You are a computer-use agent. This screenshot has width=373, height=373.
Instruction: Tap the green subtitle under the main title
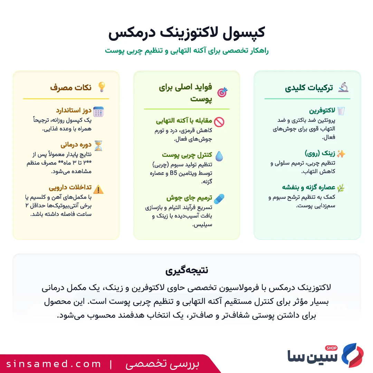coord(186,51)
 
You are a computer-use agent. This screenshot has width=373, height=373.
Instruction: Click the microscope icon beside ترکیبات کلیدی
coord(343,87)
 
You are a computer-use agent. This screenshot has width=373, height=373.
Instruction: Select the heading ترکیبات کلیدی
coord(309,88)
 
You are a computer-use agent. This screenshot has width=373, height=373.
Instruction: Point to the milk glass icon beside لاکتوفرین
coord(341,111)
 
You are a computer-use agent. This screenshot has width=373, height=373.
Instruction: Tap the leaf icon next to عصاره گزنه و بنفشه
coord(341,188)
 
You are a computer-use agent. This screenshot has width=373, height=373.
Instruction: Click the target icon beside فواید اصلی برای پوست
coord(222,92)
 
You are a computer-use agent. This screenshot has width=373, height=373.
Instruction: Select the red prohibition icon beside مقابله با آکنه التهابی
coord(219,122)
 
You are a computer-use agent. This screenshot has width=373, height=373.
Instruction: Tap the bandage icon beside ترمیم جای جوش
coord(219,199)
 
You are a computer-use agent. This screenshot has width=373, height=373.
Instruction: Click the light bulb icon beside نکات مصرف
coord(101,87)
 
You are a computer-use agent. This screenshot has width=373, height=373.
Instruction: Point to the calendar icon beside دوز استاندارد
coord(98,111)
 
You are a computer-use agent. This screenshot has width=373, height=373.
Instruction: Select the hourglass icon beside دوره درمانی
coord(98,146)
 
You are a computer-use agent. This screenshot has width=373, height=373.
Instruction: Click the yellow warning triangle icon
coord(98,189)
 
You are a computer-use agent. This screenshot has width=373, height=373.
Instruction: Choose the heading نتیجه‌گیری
coord(186,270)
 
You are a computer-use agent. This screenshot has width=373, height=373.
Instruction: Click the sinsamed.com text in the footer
coord(54,364)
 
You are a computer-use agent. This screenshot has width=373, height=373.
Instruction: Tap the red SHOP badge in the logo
coord(331,348)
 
